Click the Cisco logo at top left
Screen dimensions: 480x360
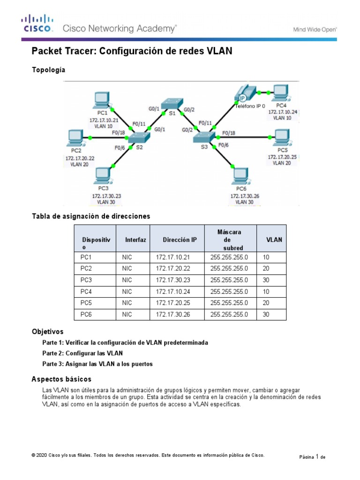pos(37,24)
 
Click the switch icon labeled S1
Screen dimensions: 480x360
pos(172,104)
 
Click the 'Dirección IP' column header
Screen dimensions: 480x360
pos(180,240)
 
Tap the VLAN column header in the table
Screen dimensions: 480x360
pos(274,240)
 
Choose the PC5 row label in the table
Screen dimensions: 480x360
pos(86,303)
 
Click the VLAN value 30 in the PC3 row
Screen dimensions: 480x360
pos(266,280)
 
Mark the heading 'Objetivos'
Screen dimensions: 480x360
pos(47,331)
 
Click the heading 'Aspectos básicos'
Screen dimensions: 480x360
pos(61,379)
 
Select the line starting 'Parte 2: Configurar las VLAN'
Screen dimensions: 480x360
pos(82,353)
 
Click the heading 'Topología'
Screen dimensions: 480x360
pos(48,70)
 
